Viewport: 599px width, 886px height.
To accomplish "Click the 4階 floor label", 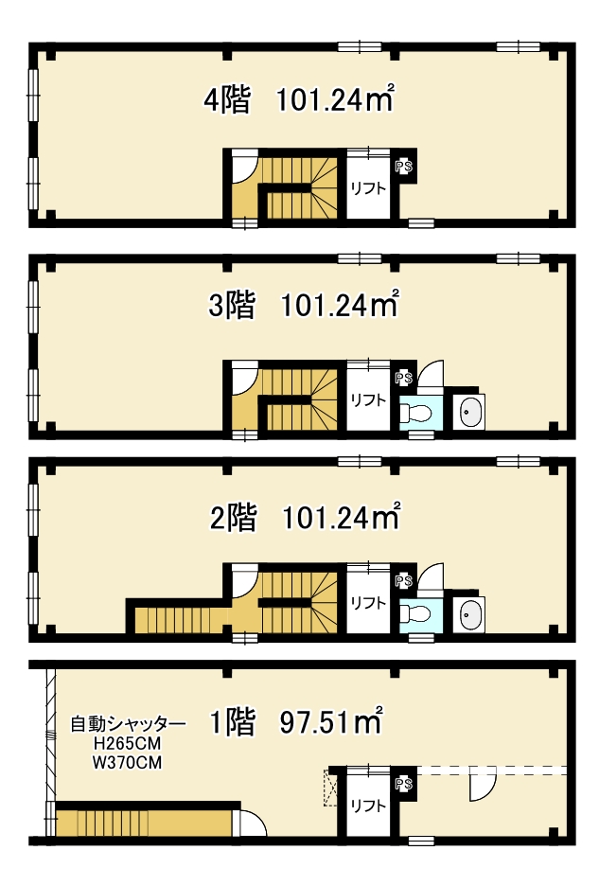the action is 226,100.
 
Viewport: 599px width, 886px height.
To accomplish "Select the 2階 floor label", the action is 234,517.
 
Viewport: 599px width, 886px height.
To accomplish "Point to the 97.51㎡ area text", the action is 331,721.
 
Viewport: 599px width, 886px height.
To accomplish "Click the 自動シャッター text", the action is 129,724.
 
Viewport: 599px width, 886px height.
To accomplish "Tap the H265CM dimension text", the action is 127,743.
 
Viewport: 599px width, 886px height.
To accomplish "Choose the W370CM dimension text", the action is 127,762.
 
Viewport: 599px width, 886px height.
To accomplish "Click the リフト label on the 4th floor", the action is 368,188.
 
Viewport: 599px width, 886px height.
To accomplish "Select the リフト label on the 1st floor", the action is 368,806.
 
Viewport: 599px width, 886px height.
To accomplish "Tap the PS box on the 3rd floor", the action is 403,378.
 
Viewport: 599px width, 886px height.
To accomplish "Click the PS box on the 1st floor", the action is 403,785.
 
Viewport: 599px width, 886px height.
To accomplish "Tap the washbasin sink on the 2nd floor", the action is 469,614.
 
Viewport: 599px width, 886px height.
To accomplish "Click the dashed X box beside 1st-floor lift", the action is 330,787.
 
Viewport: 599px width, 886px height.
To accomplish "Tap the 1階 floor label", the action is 232,722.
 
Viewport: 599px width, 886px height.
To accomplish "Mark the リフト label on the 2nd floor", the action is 368,603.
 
